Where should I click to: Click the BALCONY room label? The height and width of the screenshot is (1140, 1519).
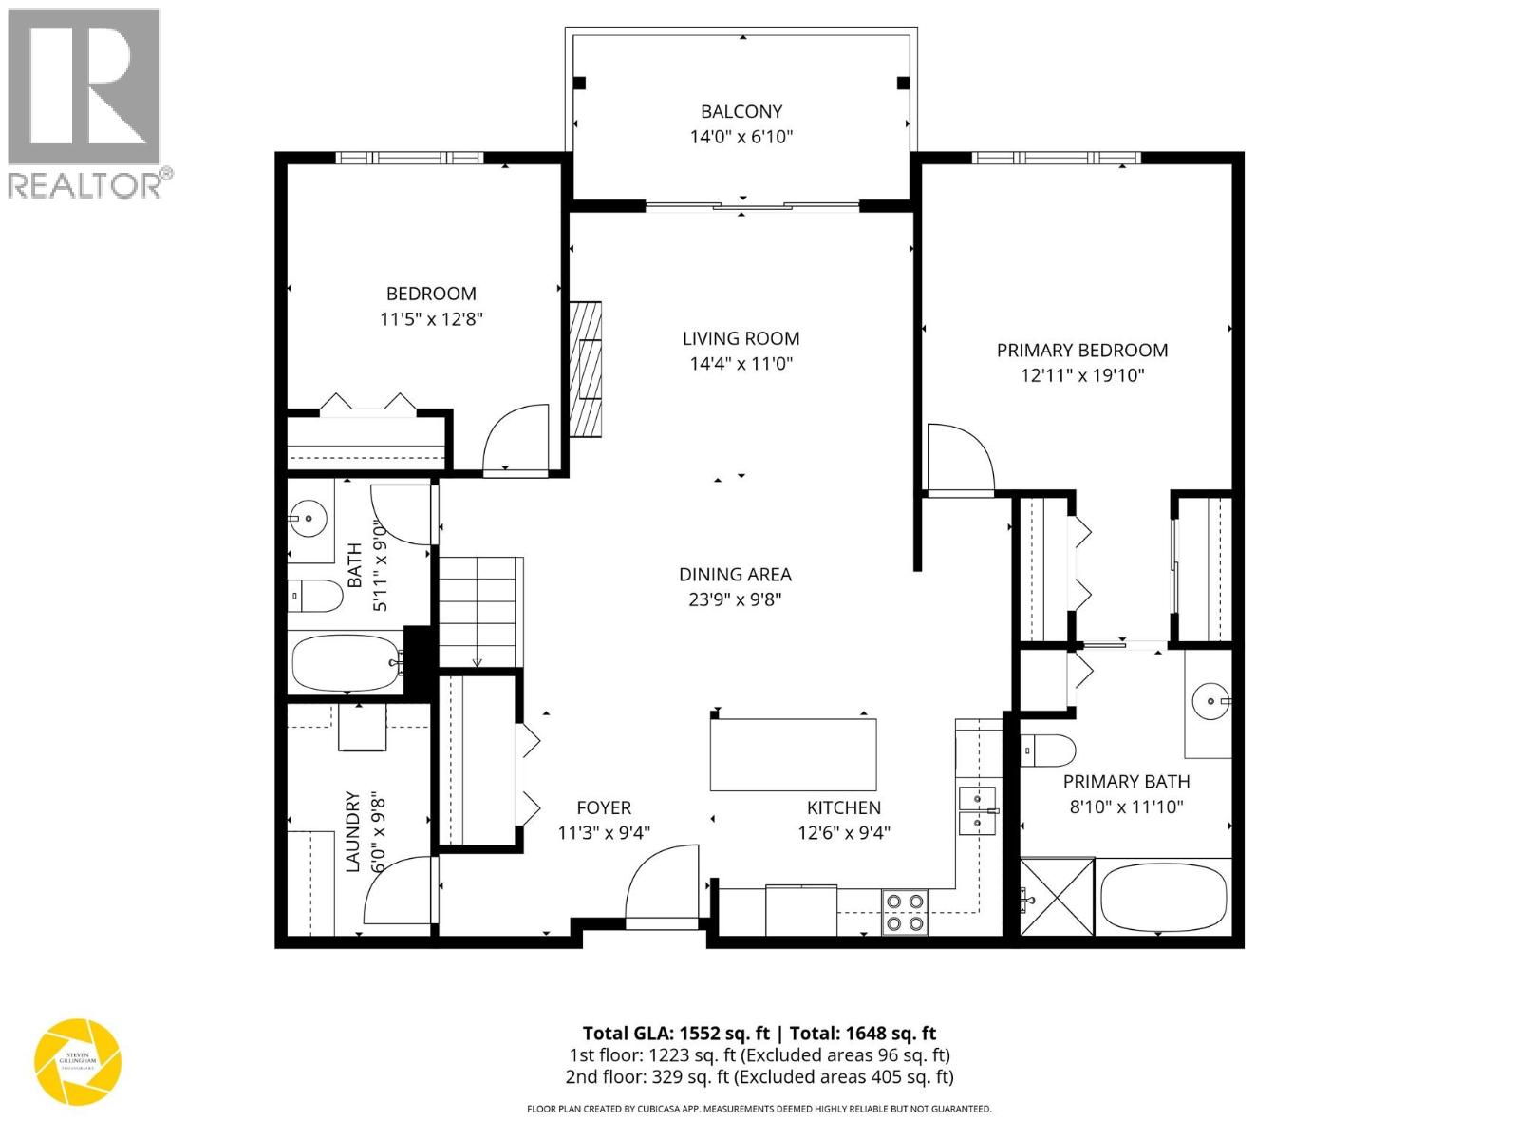[x=741, y=111]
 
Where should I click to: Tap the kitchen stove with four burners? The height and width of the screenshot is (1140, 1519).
[x=905, y=911]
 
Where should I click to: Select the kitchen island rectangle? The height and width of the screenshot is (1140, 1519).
[x=793, y=754]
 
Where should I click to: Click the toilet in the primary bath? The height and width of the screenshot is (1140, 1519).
[x=1048, y=750]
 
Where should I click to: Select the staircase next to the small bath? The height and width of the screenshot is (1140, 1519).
[x=479, y=612]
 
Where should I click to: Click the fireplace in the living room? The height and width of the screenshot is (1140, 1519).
[x=585, y=369]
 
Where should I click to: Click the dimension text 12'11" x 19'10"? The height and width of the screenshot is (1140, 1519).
[x=1082, y=375]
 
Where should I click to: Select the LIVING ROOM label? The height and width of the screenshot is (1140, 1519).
[x=741, y=338]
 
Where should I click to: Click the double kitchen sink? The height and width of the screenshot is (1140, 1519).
[x=976, y=810]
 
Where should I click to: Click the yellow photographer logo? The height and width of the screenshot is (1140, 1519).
[x=78, y=1061]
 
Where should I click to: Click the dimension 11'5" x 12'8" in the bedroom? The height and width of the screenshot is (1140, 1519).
[x=432, y=319]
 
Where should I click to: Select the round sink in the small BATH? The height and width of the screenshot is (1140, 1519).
[x=309, y=519]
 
